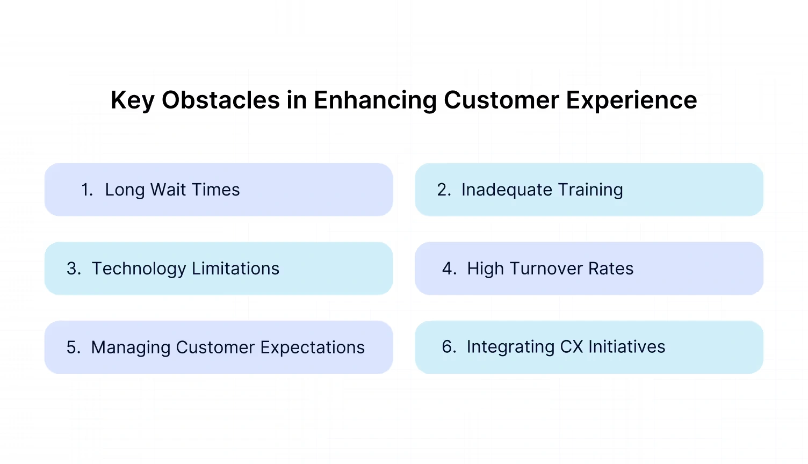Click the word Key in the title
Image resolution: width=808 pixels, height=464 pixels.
[132, 100]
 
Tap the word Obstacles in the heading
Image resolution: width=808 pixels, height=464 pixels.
[220, 100]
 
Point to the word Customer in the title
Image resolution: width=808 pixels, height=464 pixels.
[501, 100]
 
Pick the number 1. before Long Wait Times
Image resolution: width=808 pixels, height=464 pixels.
[87, 190]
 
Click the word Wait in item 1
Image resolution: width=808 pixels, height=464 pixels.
[168, 190]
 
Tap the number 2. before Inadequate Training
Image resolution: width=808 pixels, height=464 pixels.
[444, 190]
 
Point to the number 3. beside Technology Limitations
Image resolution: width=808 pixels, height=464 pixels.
[74, 269]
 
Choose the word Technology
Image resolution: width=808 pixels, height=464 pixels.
[139, 269]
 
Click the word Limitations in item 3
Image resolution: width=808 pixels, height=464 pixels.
[235, 269]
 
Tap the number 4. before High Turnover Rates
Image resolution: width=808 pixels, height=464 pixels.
[450, 269]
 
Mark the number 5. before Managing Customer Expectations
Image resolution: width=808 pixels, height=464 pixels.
[74, 347]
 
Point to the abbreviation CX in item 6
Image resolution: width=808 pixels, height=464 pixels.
[572, 347]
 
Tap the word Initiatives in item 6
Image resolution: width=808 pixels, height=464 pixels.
[626, 347]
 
